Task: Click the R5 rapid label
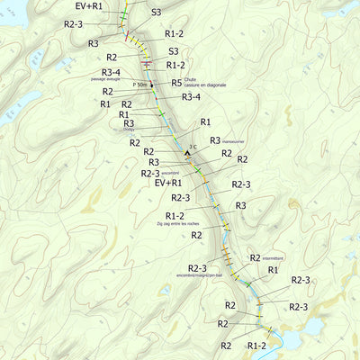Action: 176,83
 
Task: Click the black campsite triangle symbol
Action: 188,153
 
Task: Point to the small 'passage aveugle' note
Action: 112,79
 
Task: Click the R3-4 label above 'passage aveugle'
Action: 112,72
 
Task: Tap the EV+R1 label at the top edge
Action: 88,5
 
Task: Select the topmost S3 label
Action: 156,13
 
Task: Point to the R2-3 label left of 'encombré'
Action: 149,173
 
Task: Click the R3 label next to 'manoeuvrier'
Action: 215,140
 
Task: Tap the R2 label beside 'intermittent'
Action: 255,257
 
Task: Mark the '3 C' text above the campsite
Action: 192,144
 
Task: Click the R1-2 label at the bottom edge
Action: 256,346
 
